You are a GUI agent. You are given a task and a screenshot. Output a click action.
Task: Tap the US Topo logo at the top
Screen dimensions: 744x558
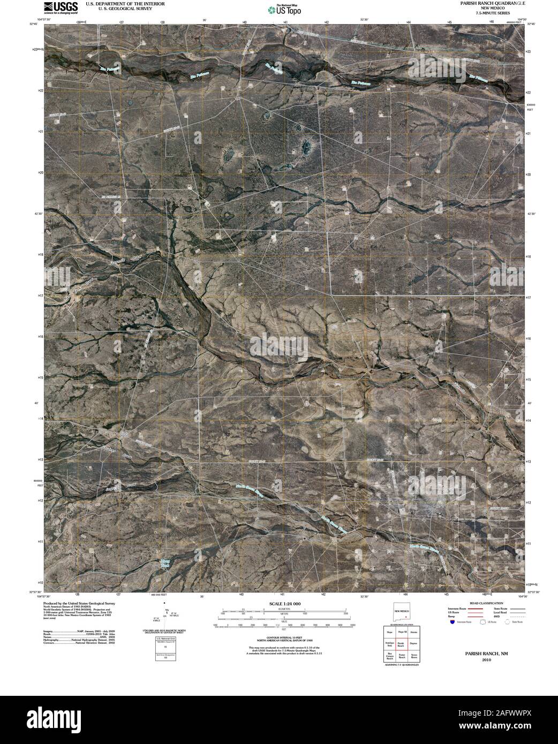click(285, 9)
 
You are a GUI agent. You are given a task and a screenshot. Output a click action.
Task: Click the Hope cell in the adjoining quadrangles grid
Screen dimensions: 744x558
click(390, 632)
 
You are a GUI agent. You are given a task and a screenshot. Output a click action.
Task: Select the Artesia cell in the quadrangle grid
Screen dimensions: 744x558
click(414, 632)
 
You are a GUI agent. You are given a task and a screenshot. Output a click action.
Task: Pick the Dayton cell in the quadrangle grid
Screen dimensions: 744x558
click(414, 644)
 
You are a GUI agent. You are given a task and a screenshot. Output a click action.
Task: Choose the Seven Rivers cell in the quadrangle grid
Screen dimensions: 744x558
click(414, 656)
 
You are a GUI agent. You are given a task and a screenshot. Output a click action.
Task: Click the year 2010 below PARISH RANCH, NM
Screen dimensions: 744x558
click(486, 660)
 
